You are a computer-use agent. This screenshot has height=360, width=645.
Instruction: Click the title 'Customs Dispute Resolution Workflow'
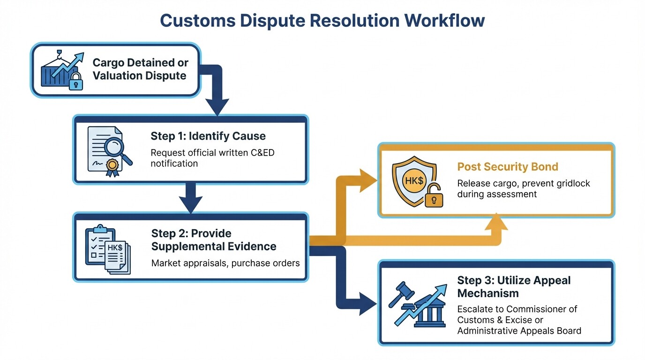322,21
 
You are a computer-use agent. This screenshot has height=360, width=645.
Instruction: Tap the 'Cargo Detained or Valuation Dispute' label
140,69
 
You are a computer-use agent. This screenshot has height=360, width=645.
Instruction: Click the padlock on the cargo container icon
75,83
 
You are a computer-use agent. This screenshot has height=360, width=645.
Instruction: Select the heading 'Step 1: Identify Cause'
208,136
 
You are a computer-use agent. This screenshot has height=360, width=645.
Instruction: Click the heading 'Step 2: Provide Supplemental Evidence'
213,240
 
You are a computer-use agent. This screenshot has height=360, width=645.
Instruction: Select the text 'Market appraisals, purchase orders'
225,263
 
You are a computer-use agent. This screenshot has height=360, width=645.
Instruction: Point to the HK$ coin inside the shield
414,181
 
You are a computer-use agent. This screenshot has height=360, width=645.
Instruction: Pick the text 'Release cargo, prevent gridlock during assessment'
523,188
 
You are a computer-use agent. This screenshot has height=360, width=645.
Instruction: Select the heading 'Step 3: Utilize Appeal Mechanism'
513,287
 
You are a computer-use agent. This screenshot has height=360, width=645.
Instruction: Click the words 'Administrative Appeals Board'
519,330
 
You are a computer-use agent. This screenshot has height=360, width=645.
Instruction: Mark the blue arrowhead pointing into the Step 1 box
217,108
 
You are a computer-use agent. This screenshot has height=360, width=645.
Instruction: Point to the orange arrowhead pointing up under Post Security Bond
496,221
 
